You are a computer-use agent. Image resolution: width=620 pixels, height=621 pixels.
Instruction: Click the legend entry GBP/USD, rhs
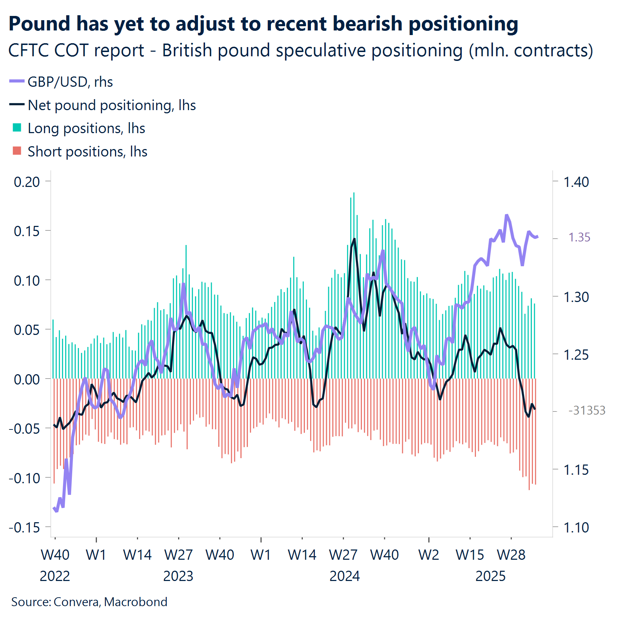click(x=70, y=82)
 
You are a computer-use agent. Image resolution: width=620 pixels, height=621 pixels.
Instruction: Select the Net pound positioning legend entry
click(x=111, y=105)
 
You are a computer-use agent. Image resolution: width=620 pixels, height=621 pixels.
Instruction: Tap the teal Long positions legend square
click(x=17, y=128)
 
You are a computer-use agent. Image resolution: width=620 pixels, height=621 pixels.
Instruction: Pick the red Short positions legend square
click(x=17, y=151)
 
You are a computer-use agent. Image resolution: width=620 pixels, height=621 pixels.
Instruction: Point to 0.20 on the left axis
click(x=27, y=182)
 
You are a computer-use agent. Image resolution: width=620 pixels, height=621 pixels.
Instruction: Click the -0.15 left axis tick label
click(x=24, y=528)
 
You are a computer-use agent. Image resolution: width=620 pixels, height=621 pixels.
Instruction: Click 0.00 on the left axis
click(x=27, y=379)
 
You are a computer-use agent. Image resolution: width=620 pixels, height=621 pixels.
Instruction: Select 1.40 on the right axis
click(x=576, y=182)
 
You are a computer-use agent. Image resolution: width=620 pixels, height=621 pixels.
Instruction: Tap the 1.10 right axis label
click(x=576, y=528)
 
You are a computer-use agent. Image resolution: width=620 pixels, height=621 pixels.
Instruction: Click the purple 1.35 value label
click(x=579, y=237)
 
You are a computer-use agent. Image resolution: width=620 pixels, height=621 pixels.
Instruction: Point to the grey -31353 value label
click(x=587, y=410)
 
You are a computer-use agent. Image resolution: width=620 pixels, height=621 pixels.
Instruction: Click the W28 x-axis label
click(x=511, y=555)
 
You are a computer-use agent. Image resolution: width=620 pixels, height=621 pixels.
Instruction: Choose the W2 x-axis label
click(x=428, y=555)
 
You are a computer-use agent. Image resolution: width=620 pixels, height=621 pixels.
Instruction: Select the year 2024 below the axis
click(x=344, y=576)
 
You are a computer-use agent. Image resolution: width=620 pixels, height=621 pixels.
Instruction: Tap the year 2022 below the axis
click(x=55, y=576)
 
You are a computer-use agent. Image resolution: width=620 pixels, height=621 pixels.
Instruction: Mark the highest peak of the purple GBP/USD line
click(x=507, y=215)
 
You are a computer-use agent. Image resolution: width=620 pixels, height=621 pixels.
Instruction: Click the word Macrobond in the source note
click(x=136, y=602)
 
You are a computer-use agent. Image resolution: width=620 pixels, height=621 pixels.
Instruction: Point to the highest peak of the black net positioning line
click(x=354, y=239)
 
